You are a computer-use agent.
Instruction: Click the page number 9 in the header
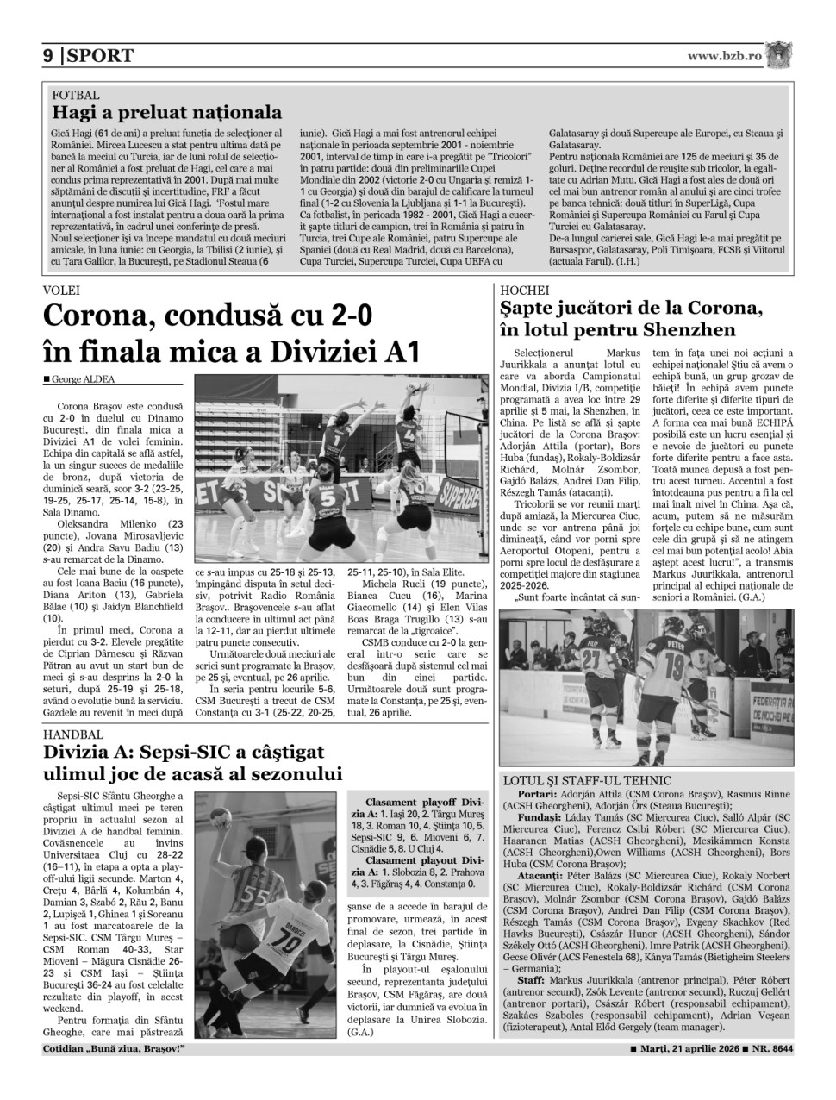tap(47, 56)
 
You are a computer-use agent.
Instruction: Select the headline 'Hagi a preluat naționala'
tap(166, 112)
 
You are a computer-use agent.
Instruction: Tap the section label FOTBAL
tap(76, 95)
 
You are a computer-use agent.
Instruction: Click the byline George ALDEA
tap(82, 378)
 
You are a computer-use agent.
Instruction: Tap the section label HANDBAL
tap(72, 734)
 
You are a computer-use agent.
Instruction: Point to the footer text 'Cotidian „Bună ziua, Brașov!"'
tap(114, 1049)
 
